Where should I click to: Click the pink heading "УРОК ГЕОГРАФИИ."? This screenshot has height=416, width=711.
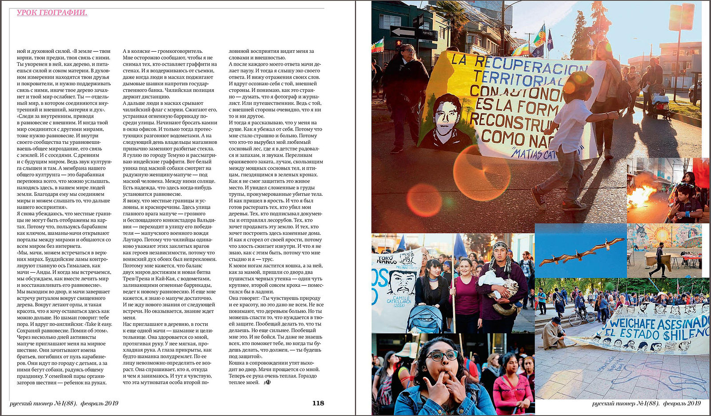[x=52, y=13]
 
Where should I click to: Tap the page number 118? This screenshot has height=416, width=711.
[x=318, y=403]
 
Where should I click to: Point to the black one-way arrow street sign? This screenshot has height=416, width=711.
[x=402, y=32]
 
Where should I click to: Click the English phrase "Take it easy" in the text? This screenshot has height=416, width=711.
[x=99, y=324]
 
